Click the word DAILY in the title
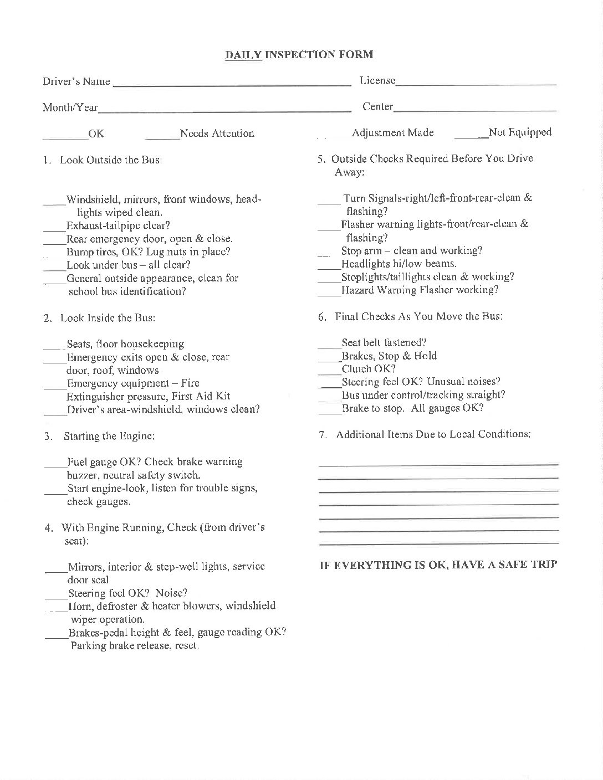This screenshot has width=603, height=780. click(x=243, y=54)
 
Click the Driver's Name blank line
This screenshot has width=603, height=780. click(x=232, y=84)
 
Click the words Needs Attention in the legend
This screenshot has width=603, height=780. click(x=217, y=134)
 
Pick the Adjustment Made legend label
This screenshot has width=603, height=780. click(x=392, y=133)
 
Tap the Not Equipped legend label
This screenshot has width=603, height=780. click(x=520, y=132)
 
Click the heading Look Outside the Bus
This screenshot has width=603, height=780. click(x=111, y=160)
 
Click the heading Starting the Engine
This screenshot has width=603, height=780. click(x=109, y=436)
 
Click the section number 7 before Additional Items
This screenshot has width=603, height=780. click(x=322, y=435)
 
